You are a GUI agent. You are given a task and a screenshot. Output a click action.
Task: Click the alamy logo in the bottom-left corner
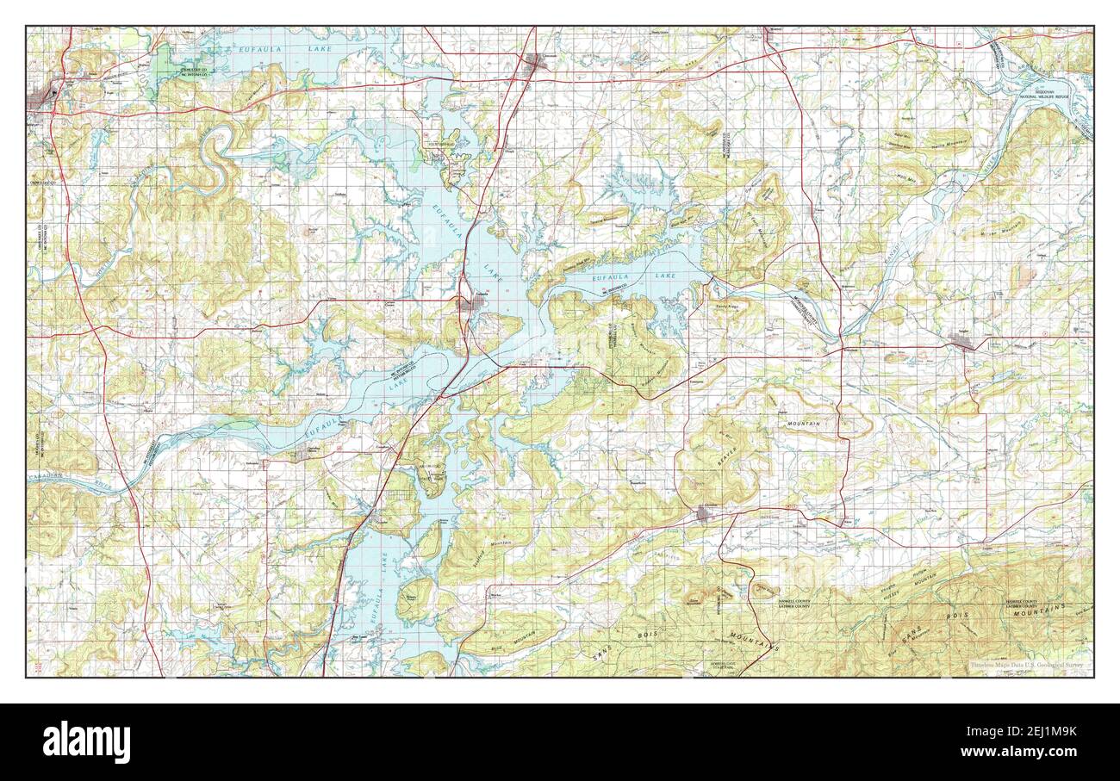click(87, 742)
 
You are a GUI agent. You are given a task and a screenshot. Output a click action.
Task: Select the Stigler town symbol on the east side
click(963, 344)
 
